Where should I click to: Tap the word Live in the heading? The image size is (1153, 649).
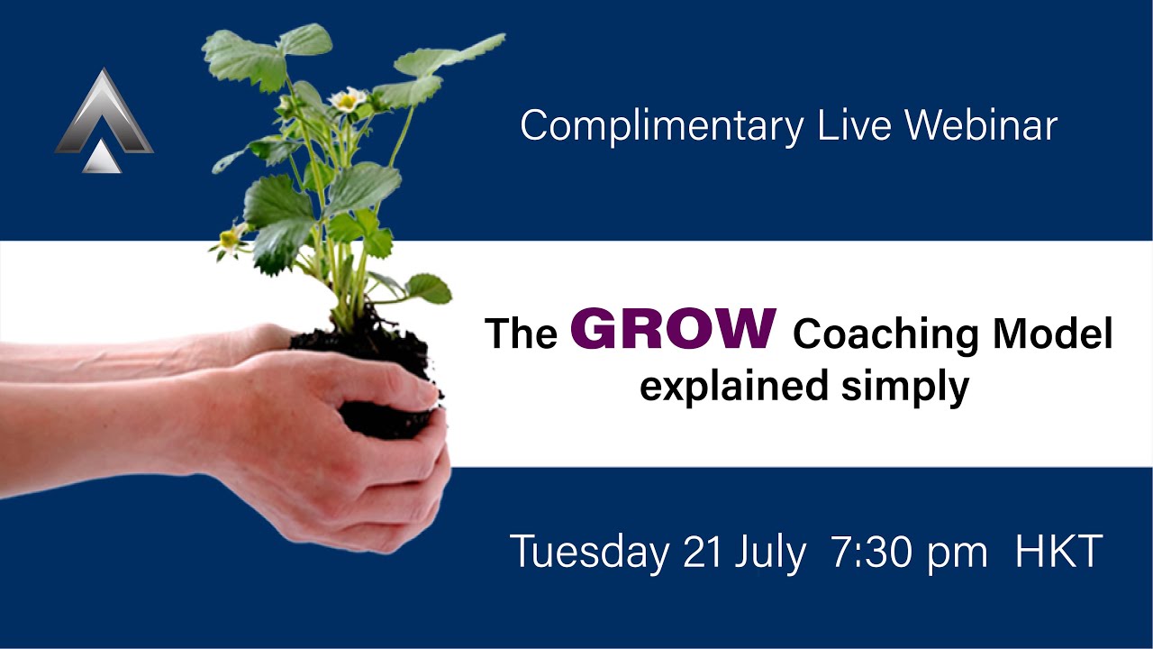[854, 125]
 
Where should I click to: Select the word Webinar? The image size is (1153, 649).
[981, 125]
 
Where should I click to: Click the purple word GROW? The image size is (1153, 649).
[673, 329]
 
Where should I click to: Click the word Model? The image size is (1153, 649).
[1053, 334]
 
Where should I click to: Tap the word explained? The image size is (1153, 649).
[734, 387]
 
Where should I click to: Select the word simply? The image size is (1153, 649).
[905, 387]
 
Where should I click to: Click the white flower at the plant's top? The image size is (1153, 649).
[348, 99]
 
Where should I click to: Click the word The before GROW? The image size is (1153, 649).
[521, 334]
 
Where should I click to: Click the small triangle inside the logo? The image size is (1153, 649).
[102, 157]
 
